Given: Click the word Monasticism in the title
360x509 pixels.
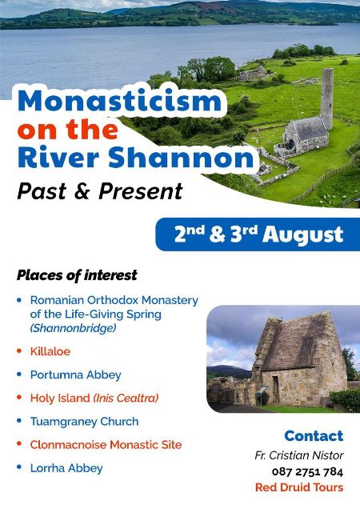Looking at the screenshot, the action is (x=120, y=101).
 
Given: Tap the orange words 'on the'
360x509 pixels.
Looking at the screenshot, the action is (x=67, y=130).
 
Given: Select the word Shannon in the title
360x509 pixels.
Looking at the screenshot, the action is (x=181, y=158).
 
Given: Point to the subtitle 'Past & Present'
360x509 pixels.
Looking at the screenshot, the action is (x=100, y=190).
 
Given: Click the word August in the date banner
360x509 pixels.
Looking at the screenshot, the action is (x=303, y=234).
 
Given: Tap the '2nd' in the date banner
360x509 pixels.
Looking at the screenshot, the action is (x=190, y=234).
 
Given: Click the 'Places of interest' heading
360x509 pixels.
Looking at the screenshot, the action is (x=77, y=275).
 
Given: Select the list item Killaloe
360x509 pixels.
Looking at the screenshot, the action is (x=50, y=351).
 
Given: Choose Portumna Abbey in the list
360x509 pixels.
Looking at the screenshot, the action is (x=76, y=375).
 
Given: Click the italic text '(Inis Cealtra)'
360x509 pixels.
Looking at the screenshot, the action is (x=126, y=398).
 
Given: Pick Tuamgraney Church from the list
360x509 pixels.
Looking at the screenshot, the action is (x=85, y=421).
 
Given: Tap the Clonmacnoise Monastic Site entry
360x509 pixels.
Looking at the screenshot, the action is (x=106, y=445).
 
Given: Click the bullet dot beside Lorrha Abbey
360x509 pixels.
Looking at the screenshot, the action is (x=19, y=467).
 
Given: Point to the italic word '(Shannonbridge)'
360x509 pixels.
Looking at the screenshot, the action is (x=73, y=328).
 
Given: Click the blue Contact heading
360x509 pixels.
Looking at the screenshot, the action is (x=314, y=436).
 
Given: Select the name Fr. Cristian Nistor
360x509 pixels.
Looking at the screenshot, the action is (x=299, y=455).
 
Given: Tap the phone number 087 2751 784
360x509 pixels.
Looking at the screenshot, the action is (x=308, y=471).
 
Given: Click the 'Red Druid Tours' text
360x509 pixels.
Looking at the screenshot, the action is (x=299, y=487).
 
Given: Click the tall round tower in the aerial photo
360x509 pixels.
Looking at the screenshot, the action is (x=326, y=98).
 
